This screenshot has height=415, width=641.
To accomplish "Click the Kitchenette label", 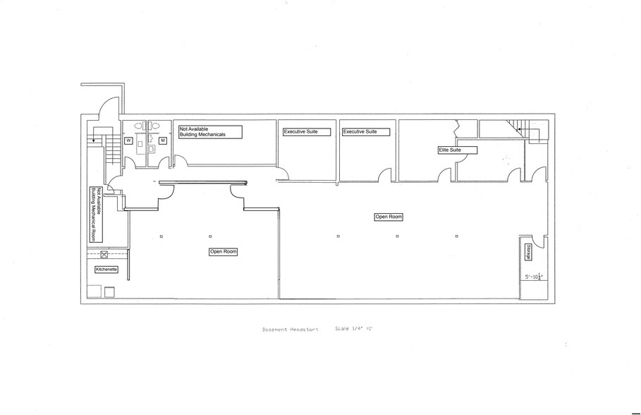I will [x=106, y=269].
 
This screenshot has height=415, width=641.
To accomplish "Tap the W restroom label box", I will [x=129, y=140].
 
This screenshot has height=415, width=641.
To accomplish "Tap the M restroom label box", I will [x=162, y=140].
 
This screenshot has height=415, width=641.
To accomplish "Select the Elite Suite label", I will [x=457, y=150].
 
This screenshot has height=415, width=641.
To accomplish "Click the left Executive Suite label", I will [x=306, y=132].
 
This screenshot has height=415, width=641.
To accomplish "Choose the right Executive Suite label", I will [x=365, y=132].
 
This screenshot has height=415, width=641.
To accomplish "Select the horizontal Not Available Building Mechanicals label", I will [x=210, y=132].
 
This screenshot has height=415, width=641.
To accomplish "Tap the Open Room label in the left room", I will [x=223, y=252].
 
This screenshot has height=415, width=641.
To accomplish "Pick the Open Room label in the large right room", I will [x=389, y=217].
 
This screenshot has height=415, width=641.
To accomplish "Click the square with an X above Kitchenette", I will [x=104, y=255].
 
